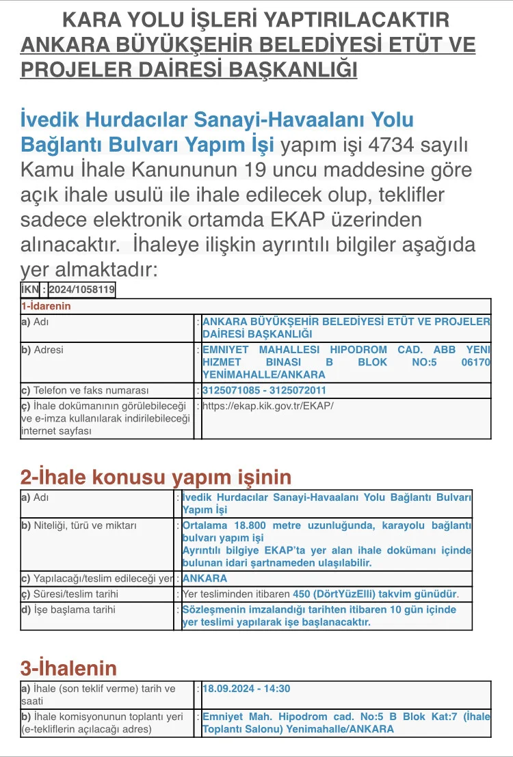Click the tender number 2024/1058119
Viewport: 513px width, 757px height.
point(81,290)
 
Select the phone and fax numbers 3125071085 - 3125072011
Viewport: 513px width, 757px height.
point(264,391)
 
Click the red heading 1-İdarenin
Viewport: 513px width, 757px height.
point(46,306)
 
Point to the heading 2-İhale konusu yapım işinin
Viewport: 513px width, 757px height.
point(156,476)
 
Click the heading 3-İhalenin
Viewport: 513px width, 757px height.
point(68,667)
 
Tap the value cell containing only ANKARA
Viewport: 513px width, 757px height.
point(205,579)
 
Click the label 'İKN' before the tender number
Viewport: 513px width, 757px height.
point(30,290)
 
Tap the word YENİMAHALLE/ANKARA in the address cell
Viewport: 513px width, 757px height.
point(264,374)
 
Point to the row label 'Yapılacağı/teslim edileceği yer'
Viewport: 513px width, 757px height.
point(96,579)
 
